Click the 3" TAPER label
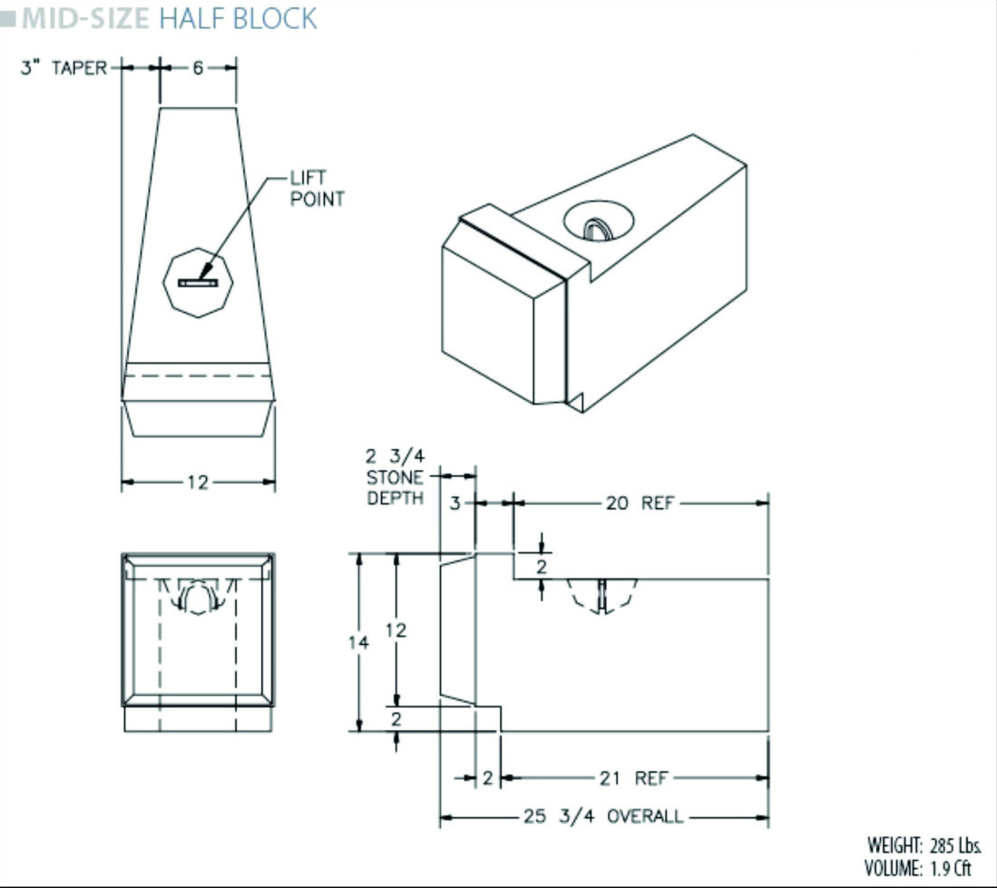[x=64, y=68]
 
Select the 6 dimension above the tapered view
[x=198, y=68]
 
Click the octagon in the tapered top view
[x=198, y=283]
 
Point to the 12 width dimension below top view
[x=198, y=483]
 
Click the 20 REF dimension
[x=640, y=503]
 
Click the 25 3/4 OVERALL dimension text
[x=602, y=816]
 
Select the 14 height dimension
[x=359, y=642]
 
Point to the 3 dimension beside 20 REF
[x=456, y=503]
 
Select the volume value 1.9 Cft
[x=953, y=867]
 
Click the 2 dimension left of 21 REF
[x=487, y=778]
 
